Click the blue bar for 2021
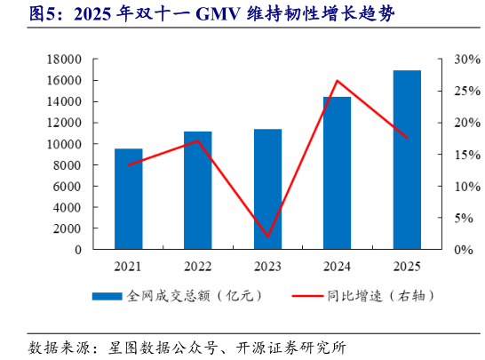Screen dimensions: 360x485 (128, 199)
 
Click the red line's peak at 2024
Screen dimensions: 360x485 (337, 81)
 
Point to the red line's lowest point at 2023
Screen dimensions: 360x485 (267, 236)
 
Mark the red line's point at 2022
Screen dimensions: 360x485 (197, 140)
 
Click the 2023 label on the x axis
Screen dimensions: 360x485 (267, 266)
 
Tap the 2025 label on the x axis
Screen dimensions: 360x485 (406, 266)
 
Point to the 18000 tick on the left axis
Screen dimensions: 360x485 (64, 60)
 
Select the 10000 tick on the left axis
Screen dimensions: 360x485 (64, 144)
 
